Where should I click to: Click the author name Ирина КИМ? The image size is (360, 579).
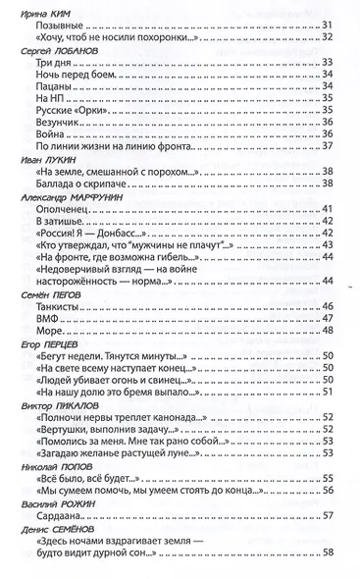point(42,8)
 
